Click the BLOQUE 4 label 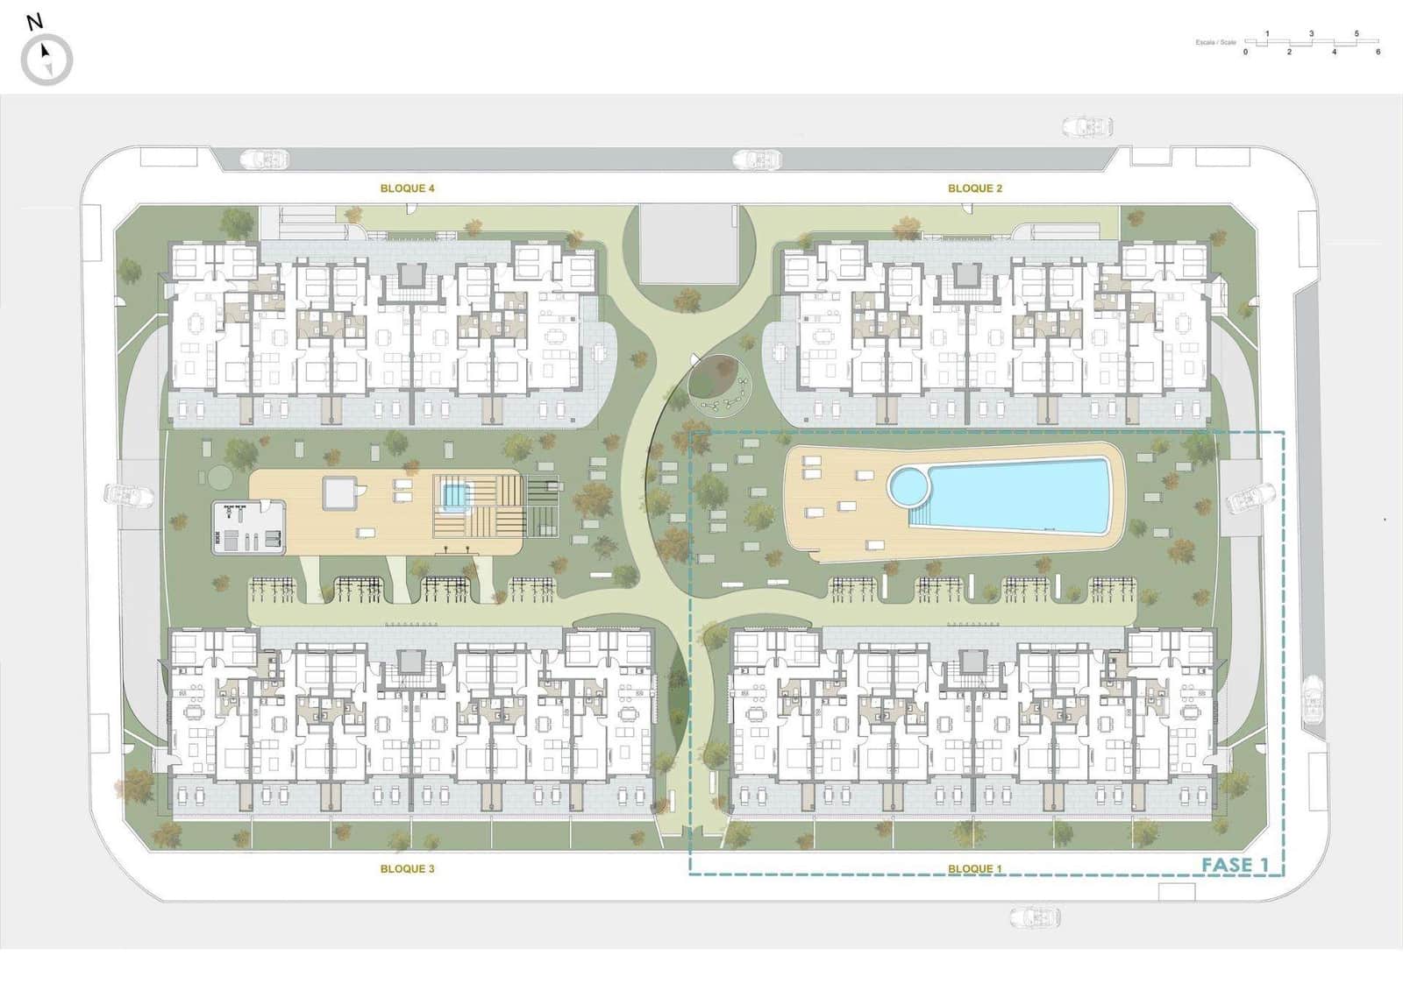407,188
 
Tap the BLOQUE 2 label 974,188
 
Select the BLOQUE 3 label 407,868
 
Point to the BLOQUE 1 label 974,868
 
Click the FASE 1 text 1235,865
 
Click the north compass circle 46,60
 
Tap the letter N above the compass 34,22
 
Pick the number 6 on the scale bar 1378,53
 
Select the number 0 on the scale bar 1245,53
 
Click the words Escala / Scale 1215,42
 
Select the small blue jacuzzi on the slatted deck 453,496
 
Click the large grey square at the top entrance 688,244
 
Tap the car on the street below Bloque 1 1035,917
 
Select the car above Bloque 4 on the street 266,159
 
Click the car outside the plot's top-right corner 1087,127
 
